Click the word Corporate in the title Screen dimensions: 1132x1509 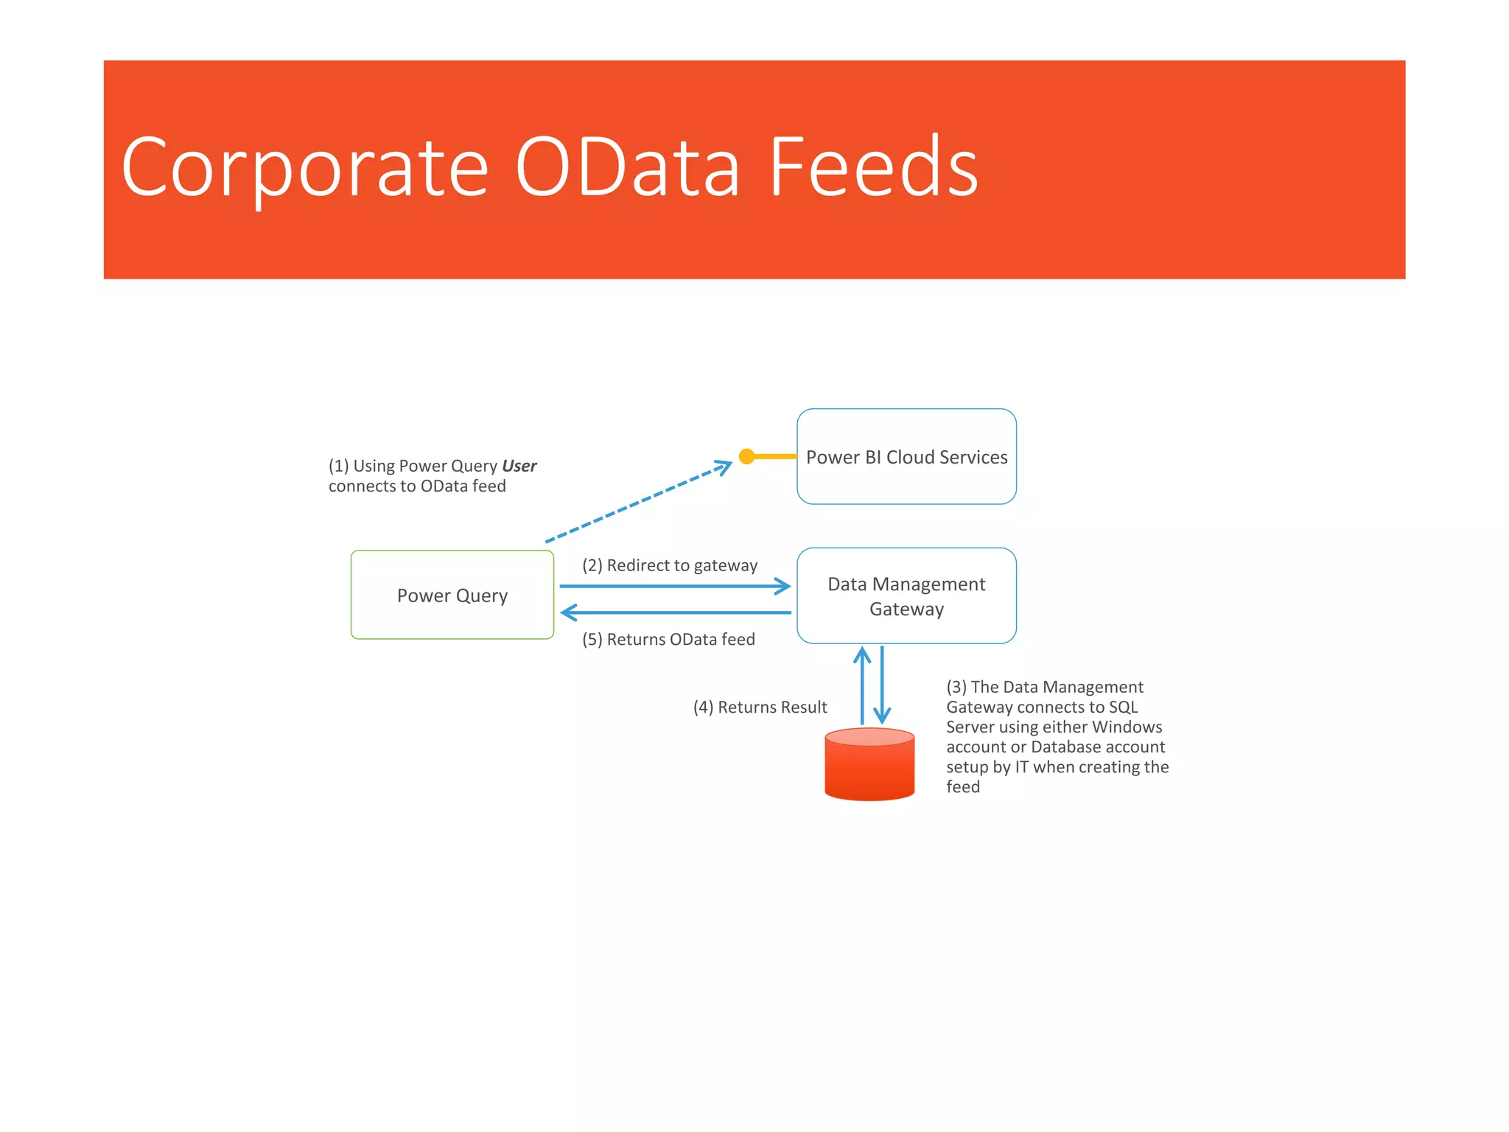304,168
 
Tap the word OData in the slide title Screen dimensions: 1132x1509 626,168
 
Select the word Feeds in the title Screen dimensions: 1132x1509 873,168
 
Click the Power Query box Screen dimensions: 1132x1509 452,595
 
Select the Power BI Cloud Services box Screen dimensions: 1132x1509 906,457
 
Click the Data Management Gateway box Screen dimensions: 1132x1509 906,595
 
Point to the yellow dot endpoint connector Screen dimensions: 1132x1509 746,456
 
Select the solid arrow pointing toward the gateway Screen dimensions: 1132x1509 674,587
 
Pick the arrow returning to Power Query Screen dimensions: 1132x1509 674,612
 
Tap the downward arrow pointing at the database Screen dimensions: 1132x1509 882,685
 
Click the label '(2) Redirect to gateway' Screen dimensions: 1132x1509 669,565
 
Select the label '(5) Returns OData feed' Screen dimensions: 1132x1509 668,639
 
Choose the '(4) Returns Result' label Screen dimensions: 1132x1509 760,707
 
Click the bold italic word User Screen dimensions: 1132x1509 519,466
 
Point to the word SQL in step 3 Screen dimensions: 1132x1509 1123,707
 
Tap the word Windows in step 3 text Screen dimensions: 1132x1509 1127,727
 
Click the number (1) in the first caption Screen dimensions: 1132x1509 338,466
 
